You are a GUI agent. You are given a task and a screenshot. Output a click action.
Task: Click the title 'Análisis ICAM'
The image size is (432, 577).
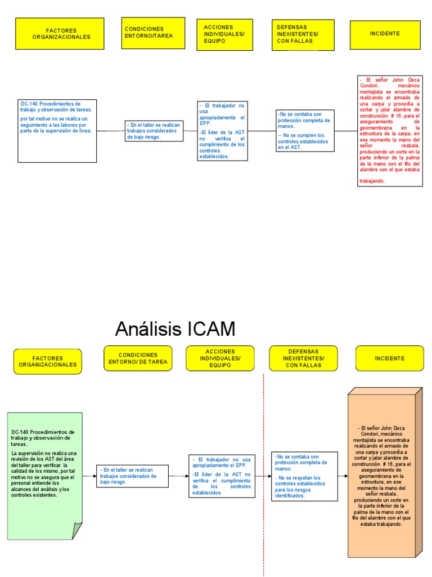click(175, 329)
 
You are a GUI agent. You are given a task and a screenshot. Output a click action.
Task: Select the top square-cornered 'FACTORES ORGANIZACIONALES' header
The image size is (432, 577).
click(60, 33)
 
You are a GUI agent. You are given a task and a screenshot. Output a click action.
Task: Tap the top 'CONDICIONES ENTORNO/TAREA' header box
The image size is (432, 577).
click(153, 33)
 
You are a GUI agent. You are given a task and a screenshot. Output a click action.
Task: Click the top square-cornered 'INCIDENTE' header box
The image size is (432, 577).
click(385, 34)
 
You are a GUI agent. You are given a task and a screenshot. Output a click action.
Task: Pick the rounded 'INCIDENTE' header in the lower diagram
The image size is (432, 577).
click(389, 358)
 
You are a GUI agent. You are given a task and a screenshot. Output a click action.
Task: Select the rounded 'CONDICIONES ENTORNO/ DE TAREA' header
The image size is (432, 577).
click(138, 358)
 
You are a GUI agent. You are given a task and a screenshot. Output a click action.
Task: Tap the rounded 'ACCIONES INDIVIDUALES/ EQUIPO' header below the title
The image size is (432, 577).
click(220, 358)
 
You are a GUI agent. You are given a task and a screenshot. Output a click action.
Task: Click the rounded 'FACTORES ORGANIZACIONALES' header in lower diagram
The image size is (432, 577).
click(47, 361)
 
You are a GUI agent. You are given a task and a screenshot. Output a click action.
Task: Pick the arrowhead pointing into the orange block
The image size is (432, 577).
click(345, 476)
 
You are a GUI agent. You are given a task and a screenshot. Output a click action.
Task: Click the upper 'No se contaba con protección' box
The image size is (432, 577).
click(305, 131)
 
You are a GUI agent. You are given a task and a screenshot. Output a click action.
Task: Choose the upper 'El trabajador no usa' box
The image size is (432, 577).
click(223, 131)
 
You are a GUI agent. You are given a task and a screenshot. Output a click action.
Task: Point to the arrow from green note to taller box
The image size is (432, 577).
click(89, 476)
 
